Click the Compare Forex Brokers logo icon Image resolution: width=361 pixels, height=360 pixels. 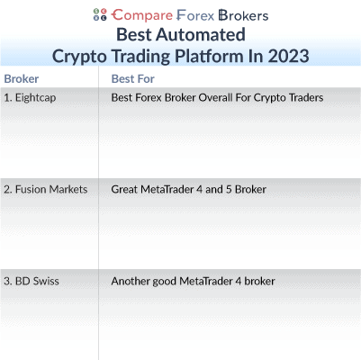(100, 15)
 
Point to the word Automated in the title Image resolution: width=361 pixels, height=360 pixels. (199, 35)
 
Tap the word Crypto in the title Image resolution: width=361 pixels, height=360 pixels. (82, 56)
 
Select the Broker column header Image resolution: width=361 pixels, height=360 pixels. (22, 78)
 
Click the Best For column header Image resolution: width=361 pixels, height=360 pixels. (130, 78)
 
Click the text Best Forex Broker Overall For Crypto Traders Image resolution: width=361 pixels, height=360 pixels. (217, 97)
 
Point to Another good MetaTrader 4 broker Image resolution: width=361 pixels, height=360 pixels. (193, 281)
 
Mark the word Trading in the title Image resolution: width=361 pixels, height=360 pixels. (146, 56)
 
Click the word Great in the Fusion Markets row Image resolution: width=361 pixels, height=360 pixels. (125, 189)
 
